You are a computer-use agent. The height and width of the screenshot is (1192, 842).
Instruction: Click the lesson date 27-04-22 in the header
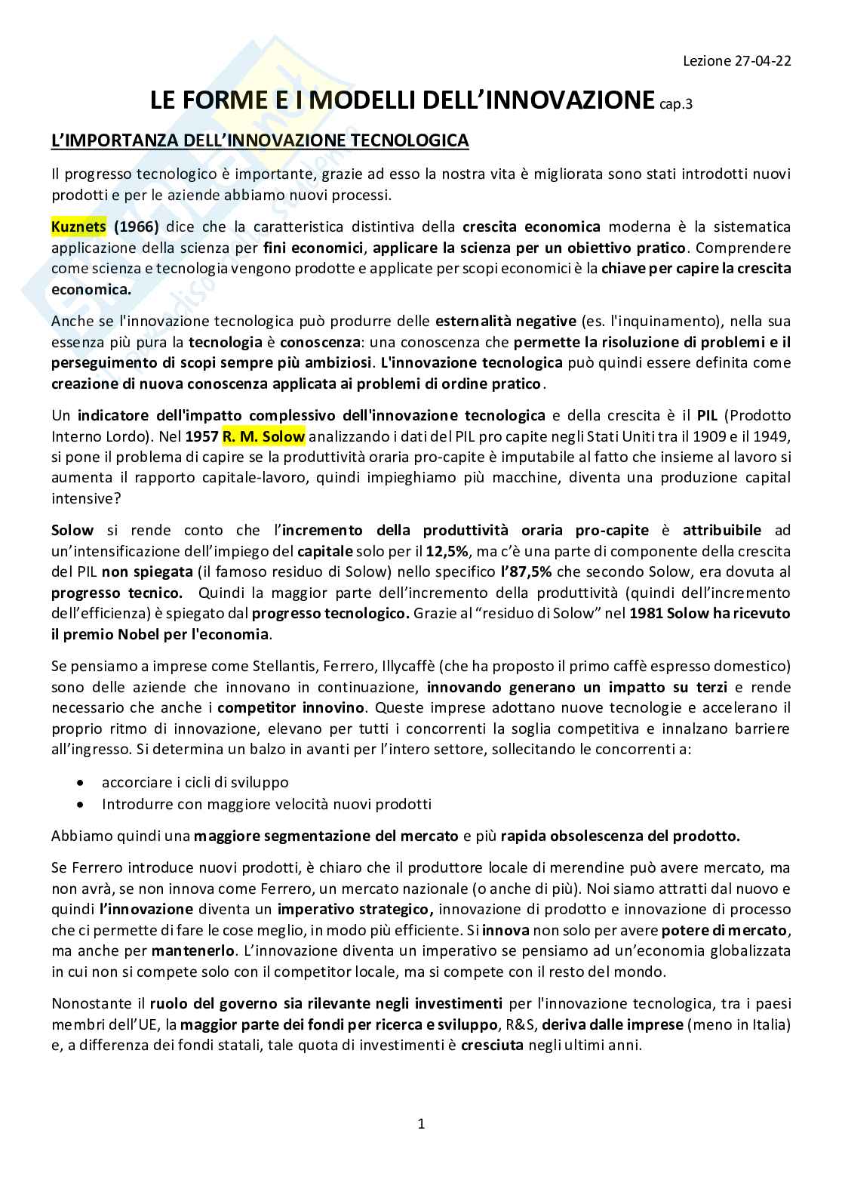coord(761,62)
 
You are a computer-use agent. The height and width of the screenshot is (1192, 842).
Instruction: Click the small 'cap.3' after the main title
coord(675,104)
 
